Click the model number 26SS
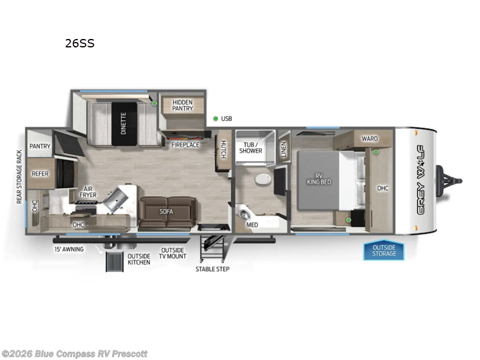pos(80,43)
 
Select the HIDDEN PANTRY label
pos(183,105)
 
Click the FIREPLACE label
pos(185,145)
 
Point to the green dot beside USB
pos(215,119)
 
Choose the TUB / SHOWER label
pos(251,147)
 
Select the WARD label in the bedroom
pos(370,139)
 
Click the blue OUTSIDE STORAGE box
pos(383,250)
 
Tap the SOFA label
pos(167,211)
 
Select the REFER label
pos(40,174)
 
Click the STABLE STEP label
pos(212,269)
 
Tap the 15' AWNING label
pos(69,249)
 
